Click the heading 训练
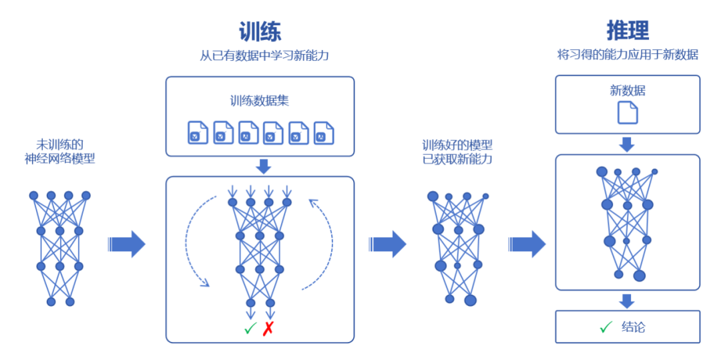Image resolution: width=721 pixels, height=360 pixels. pos(260,31)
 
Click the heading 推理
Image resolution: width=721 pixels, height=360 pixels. pos(628,30)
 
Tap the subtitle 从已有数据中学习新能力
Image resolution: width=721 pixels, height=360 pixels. pos(264,55)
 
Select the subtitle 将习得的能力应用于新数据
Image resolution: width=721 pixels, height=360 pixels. pos(628,55)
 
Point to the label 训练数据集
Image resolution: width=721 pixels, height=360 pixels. pos(260,102)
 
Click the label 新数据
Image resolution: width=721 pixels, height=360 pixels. pos(628,90)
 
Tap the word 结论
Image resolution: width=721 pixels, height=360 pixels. pos(634,327)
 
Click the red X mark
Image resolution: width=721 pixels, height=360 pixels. pos(268,329)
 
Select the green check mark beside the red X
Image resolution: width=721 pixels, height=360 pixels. pos(250,329)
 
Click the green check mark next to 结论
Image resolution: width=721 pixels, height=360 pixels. pos(606,327)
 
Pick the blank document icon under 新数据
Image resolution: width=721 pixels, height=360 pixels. pos(628,112)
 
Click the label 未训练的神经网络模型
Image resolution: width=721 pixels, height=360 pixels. pos(60,151)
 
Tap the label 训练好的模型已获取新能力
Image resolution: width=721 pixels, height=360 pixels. pos(457,151)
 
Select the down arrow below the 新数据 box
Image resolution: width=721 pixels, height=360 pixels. pos(627,144)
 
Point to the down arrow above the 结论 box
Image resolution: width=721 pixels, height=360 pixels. pos(627,301)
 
